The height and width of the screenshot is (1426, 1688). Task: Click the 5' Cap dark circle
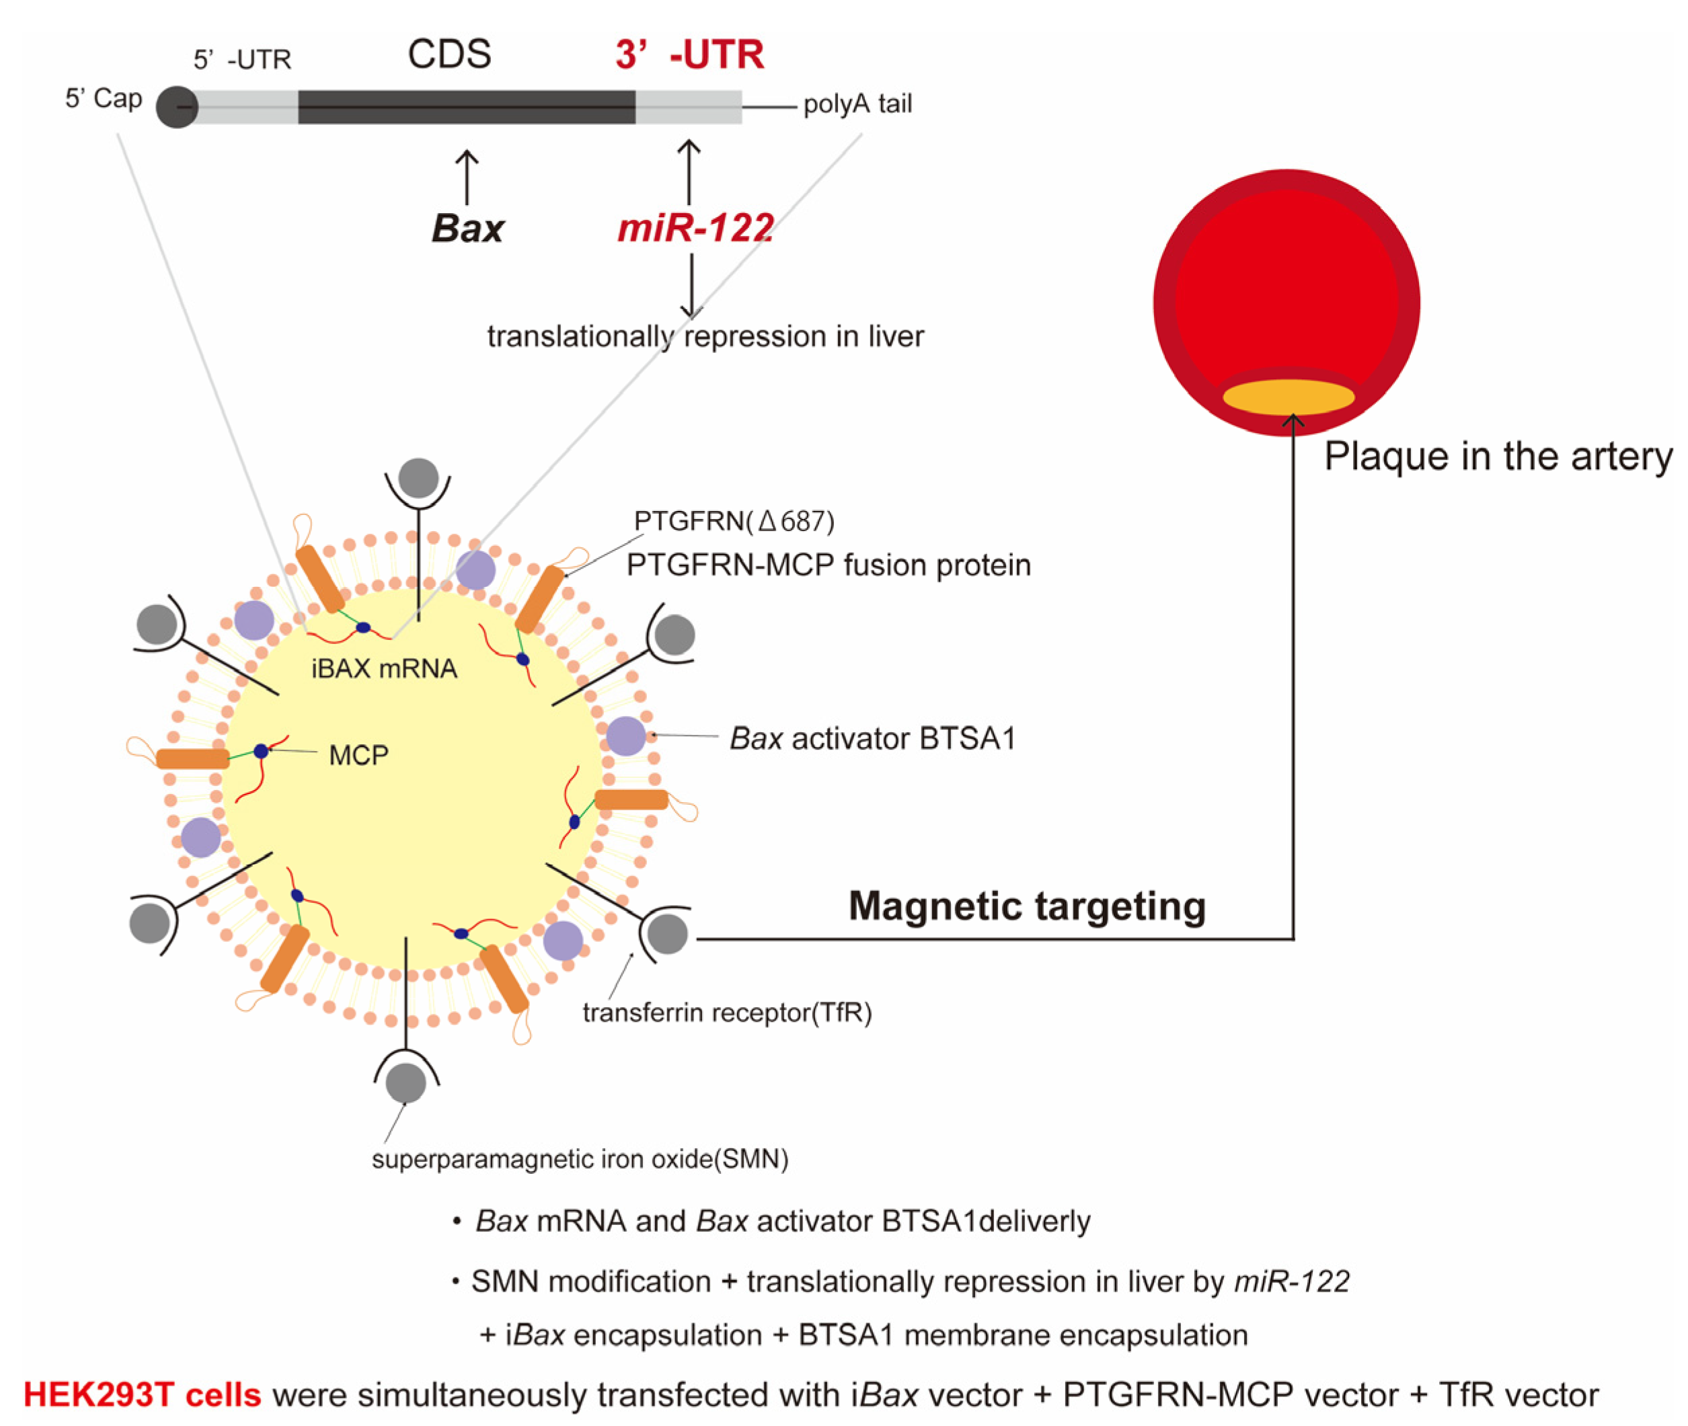[x=176, y=107]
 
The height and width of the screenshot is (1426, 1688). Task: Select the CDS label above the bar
[x=449, y=55]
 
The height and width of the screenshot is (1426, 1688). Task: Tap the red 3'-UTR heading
[x=689, y=55]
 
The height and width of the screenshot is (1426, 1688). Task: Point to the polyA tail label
[x=857, y=104]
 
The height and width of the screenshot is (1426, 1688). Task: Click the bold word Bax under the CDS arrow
[x=467, y=228]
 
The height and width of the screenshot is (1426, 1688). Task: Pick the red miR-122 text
[x=695, y=228]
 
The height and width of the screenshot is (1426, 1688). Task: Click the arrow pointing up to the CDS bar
[x=467, y=176]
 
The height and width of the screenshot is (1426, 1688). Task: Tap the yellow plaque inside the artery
[x=1288, y=396]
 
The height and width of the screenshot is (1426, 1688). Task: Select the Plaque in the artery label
[x=1497, y=457]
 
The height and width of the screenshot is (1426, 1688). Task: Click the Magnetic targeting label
[x=1027, y=906]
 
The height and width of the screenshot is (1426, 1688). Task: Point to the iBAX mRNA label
[x=384, y=668]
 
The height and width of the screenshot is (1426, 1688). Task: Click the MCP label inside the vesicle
[x=358, y=755]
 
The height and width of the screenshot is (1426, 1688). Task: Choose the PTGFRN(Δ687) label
[x=733, y=522]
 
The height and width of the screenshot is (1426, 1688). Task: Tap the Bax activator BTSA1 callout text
[x=872, y=738]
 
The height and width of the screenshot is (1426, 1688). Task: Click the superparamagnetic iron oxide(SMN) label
[x=580, y=1159]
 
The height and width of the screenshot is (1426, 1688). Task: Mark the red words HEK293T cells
[x=143, y=1394]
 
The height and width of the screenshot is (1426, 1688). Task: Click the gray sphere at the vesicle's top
[x=418, y=478]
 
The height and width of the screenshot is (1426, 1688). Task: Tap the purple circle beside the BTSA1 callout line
[x=625, y=736]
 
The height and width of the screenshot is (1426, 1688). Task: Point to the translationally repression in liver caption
[x=705, y=336]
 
